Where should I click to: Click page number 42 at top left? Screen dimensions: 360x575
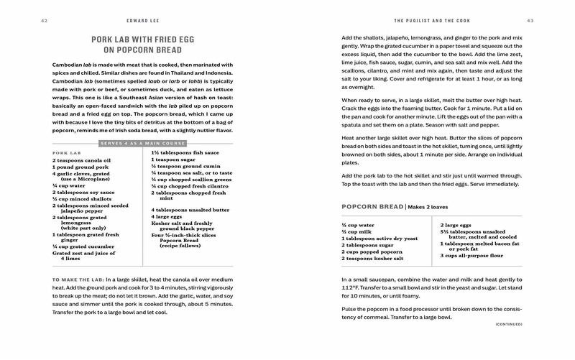tap(44, 19)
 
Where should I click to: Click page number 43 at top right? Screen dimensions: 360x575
tap(530, 19)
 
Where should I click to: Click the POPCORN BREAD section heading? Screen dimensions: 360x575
tap(372, 207)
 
